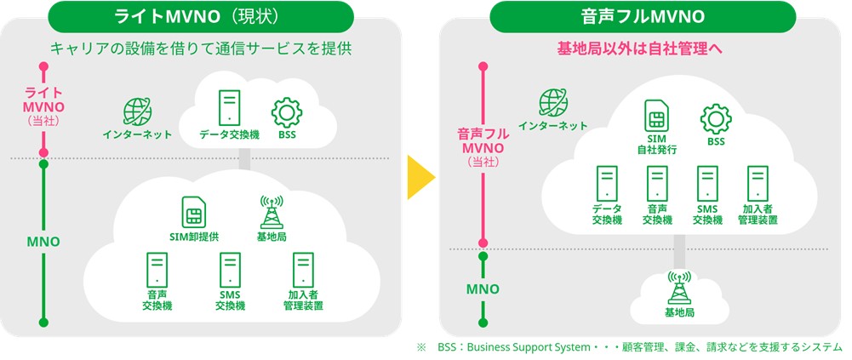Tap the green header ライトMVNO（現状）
pos(201,16)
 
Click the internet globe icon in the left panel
pos(137,112)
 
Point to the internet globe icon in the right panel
pos(553,103)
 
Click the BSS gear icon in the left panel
pos(286,112)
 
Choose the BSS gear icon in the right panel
pos(715,119)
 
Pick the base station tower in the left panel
pos(272,210)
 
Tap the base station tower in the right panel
pos(679,288)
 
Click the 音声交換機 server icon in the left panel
pos(157,270)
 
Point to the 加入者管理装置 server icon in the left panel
pos(302,270)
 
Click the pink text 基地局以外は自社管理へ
pos(640,49)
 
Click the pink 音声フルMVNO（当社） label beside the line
pos(483,146)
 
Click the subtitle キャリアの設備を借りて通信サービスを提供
pos(201,49)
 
